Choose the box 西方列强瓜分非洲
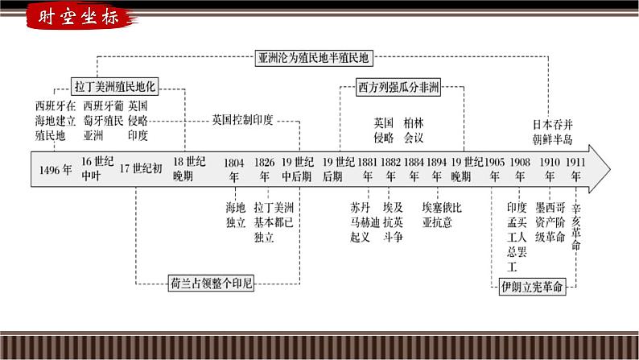[x=399, y=88]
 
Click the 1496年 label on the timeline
[x=56, y=169]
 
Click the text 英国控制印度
[x=243, y=120]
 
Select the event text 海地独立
[x=235, y=213]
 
